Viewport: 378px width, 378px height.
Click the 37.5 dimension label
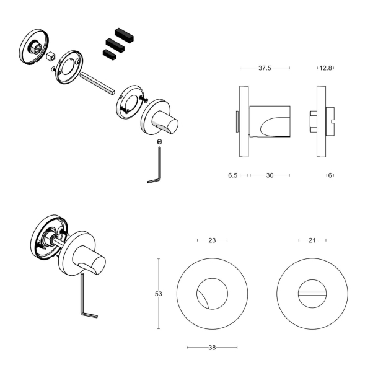pyautogui.click(x=265, y=68)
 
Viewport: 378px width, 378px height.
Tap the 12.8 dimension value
pyautogui.click(x=325, y=68)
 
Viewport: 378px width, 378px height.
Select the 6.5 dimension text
pyautogui.click(x=232, y=175)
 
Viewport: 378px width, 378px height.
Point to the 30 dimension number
pyautogui.click(x=270, y=175)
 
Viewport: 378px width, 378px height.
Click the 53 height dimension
pyautogui.click(x=159, y=294)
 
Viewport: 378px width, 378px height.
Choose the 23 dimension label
pyautogui.click(x=212, y=240)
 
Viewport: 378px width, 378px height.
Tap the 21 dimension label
pyautogui.click(x=312, y=240)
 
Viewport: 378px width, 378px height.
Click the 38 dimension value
pyautogui.click(x=212, y=348)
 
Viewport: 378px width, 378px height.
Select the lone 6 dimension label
pyautogui.click(x=330, y=175)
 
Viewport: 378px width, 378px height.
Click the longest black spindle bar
pyautogui.click(x=125, y=35)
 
